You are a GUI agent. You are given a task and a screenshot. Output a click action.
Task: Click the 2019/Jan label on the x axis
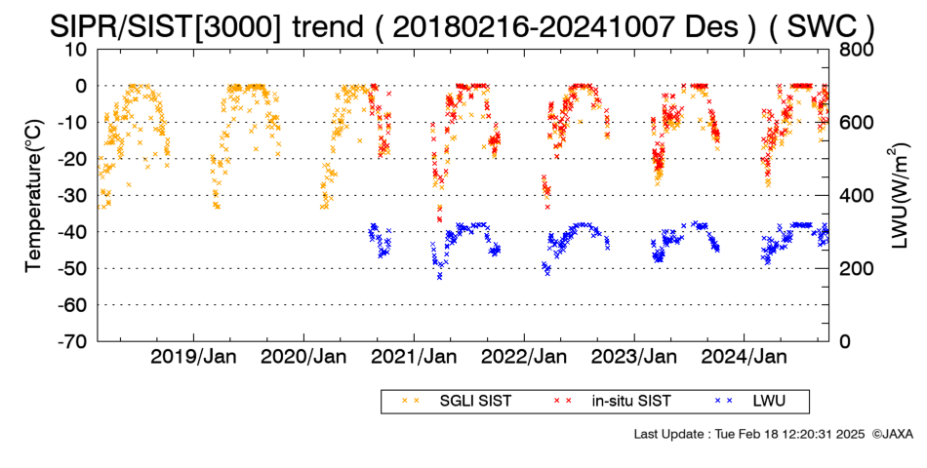click(193, 357)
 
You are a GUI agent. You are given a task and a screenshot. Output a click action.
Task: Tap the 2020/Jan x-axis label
click(303, 357)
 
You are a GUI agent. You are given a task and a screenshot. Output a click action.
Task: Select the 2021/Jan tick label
click(414, 357)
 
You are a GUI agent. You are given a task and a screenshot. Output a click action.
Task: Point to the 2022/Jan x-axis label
click(524, 357)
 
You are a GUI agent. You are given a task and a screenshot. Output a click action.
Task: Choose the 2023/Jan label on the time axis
click(634, 357)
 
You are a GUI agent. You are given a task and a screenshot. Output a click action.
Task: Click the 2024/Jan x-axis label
click(744, 357)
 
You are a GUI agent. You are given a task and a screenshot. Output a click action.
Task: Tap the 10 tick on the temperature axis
click(76, 49)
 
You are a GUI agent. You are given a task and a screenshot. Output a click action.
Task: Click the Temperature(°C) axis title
click(34, 196)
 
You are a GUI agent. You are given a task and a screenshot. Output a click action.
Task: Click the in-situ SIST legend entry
click(613, 402)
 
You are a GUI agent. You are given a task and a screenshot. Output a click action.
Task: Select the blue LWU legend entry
click(750, 402)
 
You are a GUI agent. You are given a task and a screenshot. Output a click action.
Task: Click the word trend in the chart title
click(327, 26)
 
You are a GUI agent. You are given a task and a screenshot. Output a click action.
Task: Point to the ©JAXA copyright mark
click(892, 434)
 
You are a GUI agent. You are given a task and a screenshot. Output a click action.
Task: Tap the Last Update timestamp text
click(749, 434)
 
